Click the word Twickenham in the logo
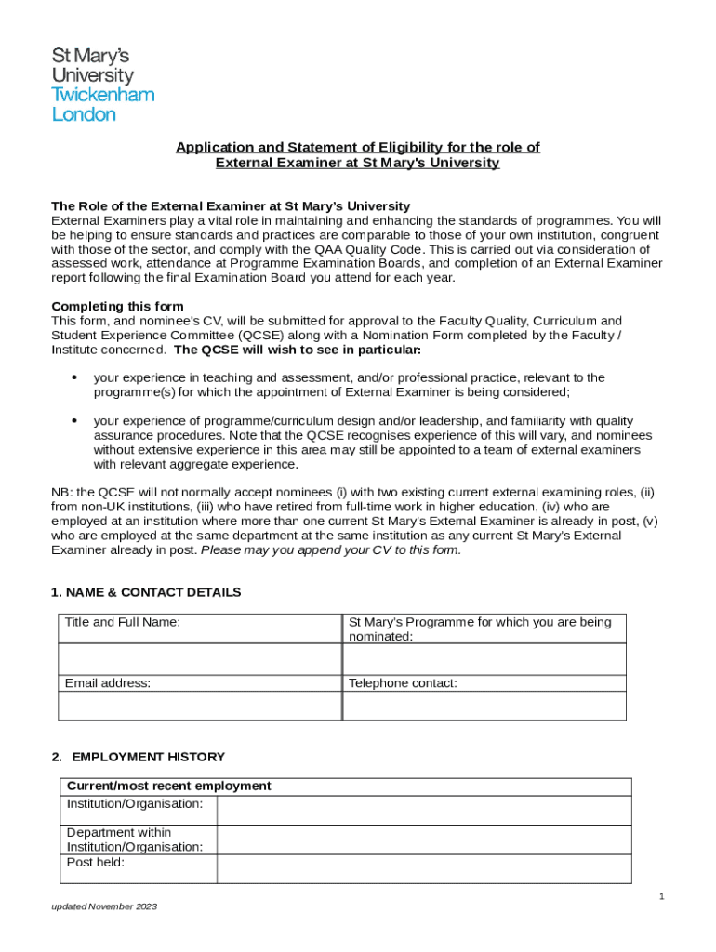(x=102, y=95)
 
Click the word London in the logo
(x=84, y=114)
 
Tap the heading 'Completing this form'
(x=117, y=306)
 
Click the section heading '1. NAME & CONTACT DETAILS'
(x=146, y=592)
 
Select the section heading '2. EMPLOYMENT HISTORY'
(x=138, y=757)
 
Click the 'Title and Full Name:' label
(x=122, y=623)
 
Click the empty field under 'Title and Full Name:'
(x=200, y=659)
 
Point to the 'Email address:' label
(x=107, y=683)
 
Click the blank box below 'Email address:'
(x=200, y=706)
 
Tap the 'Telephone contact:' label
(x=403, y=683)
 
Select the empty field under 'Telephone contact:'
(x=484, y=706)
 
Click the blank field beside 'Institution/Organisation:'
(x=424, y=810)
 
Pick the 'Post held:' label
(x=95, y=862)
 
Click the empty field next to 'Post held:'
(x=424, y=868)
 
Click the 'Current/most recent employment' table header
(x=168, y=786)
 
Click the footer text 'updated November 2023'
(x=104, y=906)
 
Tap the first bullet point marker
(x=73, y=378)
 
